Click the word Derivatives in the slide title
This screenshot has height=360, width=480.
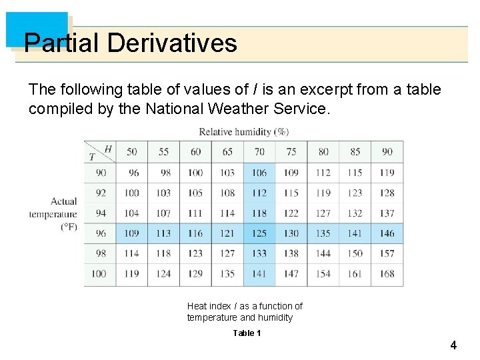tap(171, 43)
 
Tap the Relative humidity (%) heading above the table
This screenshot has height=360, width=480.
tap(243, 131)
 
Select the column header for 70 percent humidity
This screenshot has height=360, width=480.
tap(259, 152)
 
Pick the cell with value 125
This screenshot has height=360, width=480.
tap(259, 233)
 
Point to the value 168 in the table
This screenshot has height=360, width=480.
tap(387, 273)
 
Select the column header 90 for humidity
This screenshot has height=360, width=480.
tap(387, 152)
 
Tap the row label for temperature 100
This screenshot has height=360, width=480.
tap(99, 273)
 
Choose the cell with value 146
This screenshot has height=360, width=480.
tap(387, 233)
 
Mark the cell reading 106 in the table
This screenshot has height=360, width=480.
tap(259, 173)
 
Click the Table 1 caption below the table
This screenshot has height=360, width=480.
tap(247, 333)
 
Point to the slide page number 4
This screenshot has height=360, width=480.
tap(453, 345)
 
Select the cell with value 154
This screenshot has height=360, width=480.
tap(323, 273)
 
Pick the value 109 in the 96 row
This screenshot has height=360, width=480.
tap(132, 233)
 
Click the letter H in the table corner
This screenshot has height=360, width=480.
tap(108, 148)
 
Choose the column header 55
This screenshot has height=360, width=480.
tap(164, 152)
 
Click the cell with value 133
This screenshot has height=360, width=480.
tap(259, 253)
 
